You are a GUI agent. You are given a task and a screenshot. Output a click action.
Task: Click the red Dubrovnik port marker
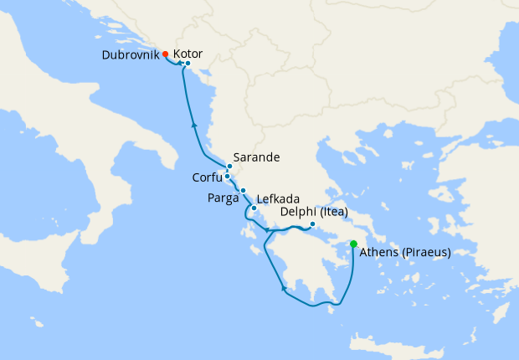click(x=166, y=54)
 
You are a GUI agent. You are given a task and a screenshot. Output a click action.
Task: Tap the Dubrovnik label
click(x=130, y=54)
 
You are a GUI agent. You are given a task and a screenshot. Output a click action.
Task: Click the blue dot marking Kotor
click(x=188, y=64)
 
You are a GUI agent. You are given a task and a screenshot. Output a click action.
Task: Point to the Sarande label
click(x=256, y=157)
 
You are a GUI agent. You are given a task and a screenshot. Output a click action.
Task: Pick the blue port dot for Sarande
click(x=229, y=166)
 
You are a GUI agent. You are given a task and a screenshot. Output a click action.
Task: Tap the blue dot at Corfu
click(x=227, y=176)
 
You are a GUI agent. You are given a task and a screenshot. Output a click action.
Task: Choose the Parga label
click(x=222, y=198)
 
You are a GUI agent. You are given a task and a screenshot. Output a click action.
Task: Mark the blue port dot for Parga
click(x=243, y=191)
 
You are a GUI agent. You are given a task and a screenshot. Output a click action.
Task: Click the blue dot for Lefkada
click(x=254, y=207)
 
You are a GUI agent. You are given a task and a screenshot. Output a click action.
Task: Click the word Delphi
click(x=298, y=212)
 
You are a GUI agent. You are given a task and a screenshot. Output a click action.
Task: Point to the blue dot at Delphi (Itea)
click(x=312, y=224)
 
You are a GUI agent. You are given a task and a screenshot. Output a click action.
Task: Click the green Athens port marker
click(x=353, y=244)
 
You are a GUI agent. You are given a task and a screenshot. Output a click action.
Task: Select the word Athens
click(x=381, y=252)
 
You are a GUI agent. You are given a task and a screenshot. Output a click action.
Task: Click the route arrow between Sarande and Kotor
click(x=194, y=125)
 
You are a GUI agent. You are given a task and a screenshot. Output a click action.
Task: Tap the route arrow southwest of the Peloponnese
click(x=285, y=289)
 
